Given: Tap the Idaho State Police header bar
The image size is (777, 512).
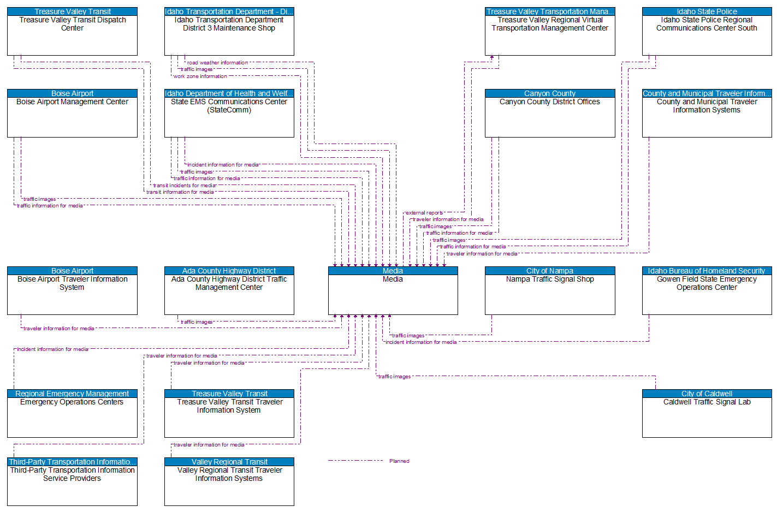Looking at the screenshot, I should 707,11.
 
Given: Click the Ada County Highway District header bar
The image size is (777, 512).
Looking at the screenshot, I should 229,271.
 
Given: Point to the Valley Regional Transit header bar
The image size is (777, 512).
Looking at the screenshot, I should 229,462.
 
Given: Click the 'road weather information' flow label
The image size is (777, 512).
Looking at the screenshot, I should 217,63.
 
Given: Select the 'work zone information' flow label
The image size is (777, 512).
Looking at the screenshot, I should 200,76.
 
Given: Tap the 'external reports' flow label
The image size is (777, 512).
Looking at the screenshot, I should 424,213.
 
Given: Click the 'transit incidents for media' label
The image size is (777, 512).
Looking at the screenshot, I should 185,186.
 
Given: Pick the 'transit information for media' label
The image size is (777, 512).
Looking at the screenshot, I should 180,192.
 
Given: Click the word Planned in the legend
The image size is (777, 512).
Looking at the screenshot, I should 399,461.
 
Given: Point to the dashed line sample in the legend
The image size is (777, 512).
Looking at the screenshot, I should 355,461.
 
